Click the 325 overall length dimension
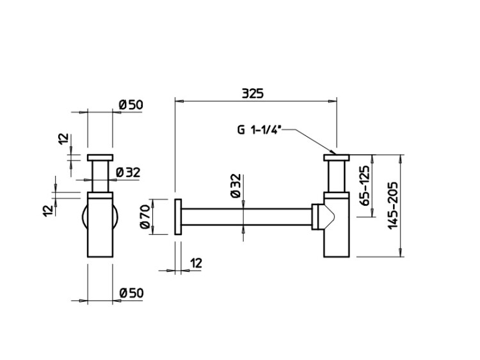click(253, 93)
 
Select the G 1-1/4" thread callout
click(258, 130)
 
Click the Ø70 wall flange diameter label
click(145, 216)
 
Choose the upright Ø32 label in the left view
click(128, 172)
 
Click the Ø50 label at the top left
click(131, 104)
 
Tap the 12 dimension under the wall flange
click(196, 262)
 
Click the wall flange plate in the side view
click(177, 217)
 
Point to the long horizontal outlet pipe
click(246, 217)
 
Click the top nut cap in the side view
click(337, 157)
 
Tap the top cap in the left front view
click(100, 157)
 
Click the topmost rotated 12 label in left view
click(62, 139)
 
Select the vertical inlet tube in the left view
click(100, 176)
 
